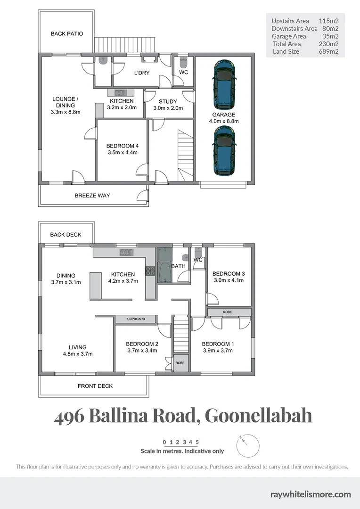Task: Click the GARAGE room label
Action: pyautogui.click(x=224, y=115)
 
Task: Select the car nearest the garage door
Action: pyautogui.click(x=224, y=152)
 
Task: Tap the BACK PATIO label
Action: pyautogui.click(x=67, y=34)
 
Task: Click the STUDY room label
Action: pyautogui.click(x=168, y=101)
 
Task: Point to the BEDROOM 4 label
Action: pyautogui.click(x=122, y=146)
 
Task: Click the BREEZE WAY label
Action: pyautogui.click(x=92, y=196)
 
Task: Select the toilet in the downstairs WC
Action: pyautogui.click(x=184, y=64)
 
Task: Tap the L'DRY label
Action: pyautogui.click(x=141, y=73)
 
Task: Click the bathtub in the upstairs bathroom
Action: pyautogui.click(x=165, y=272)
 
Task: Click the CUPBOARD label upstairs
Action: pyautogui.click(x=136, y=319)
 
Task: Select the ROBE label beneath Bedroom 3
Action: pyautogui.click(x=227, y=312)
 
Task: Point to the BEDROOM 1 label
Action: pyautogui.click(x=218, y=344)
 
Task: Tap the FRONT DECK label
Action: pyautogui.click(x=95, y=386)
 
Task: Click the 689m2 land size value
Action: pyautogui.click(x=329, y=51)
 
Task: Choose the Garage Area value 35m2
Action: pyautogui.click(x=331, y=36)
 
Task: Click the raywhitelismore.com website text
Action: pyautogui.click(x=311, y=494)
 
